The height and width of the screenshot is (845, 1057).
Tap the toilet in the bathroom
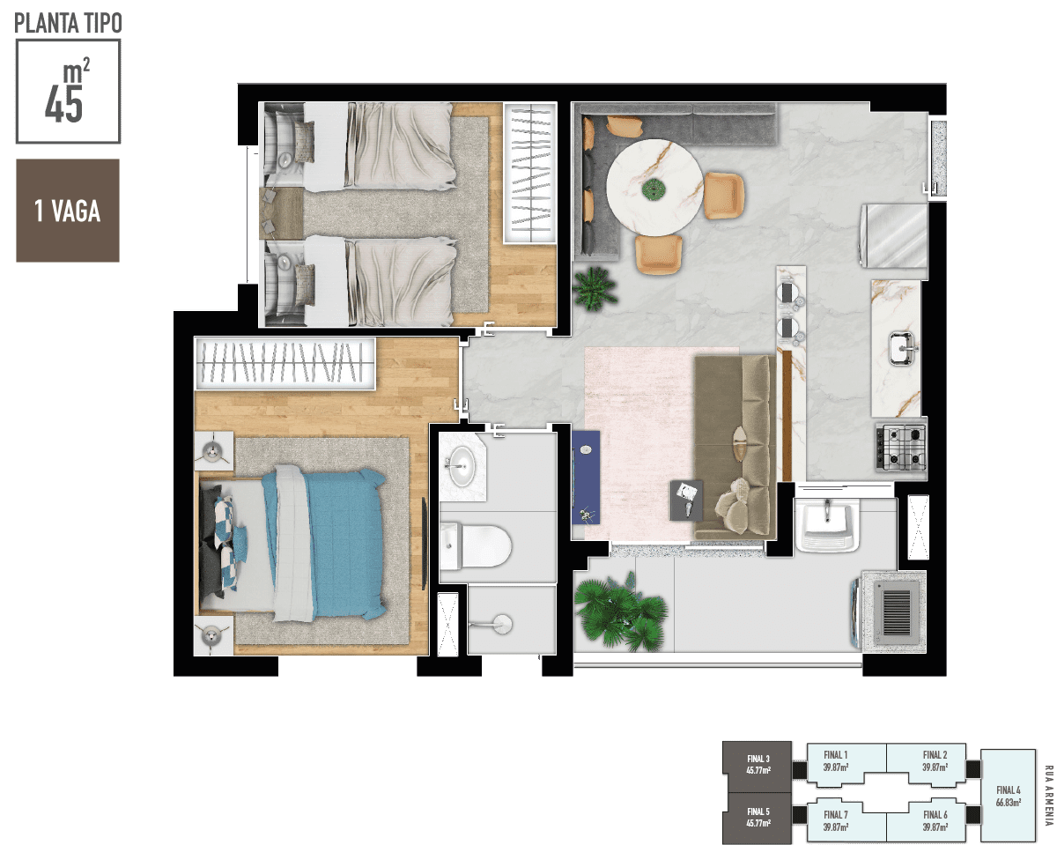point(476,545)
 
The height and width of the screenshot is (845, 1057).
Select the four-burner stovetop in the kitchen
point(901,448)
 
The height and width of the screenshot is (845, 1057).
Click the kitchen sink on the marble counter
point(903,348)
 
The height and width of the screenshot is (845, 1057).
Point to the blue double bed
point(292,544)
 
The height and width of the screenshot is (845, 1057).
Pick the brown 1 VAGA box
point(68,211)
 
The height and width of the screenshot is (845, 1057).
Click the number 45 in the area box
point(63,106)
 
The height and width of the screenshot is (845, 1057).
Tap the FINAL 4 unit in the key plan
point(1009,796)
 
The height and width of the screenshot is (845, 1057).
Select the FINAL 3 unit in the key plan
point(758,766)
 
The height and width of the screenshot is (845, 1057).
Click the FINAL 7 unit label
point(836,821)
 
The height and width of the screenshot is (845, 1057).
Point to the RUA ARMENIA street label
point(1049,796)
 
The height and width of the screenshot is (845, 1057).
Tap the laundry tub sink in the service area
point(827,525)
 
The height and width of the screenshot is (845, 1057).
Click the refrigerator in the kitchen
point(893,236)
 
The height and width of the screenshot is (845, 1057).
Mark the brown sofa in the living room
point(735,448)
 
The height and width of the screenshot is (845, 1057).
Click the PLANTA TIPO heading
point(68,23)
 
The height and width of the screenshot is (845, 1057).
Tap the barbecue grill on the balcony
point(893,612)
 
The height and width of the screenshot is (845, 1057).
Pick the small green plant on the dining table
point(654,189)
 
